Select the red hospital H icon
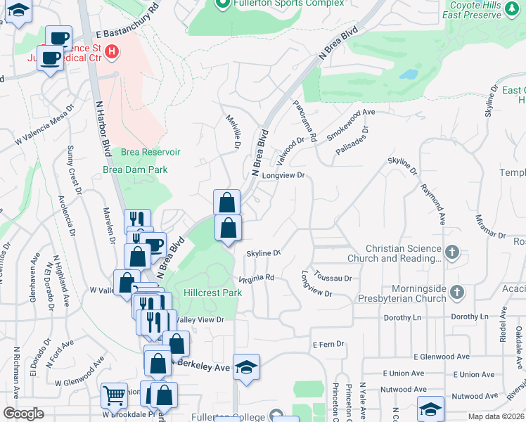[x=112, y=51]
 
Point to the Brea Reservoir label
[x=150, y=152]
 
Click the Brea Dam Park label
[x=143, y=170]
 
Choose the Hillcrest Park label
[x=212, y=293]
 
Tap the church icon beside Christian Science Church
[x=453, y=251]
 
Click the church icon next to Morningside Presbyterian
[x=457, y=291]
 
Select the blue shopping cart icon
[x=114, y=395]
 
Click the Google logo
[x=23, y=414]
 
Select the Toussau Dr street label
[x=333, y=279]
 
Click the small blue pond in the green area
[x=407, y=74]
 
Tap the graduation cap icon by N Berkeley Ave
[x=246, y=367]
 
